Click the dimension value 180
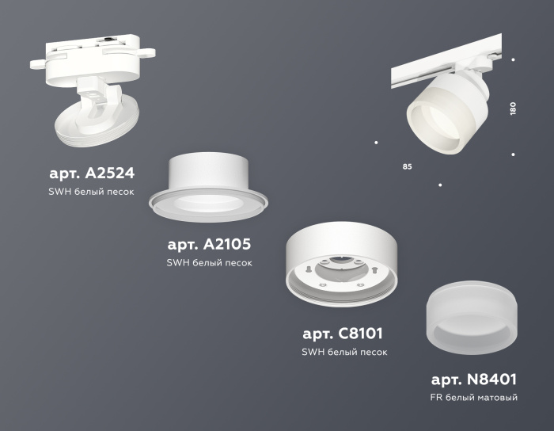pos(513,109)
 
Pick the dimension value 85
pos(407,167)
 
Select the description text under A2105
pos(210,263)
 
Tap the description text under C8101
pos(343,353)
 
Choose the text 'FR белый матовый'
pos(473,398)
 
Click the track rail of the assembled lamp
pos(443,62)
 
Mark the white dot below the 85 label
pos(440,185)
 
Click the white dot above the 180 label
pos(513,60)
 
